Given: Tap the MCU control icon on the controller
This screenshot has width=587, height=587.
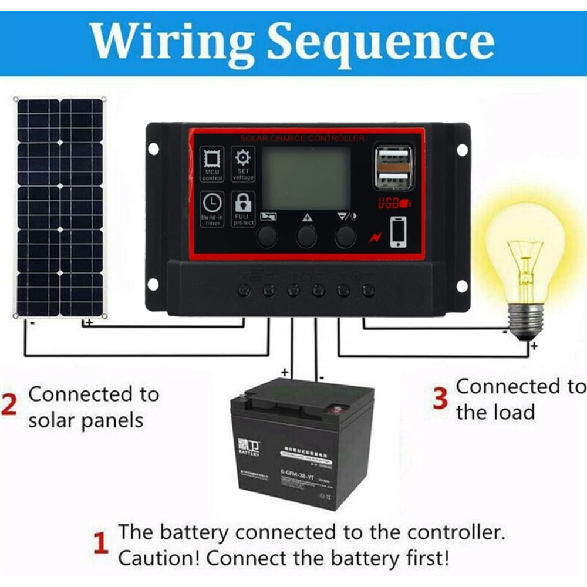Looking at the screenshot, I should click(x=212, y=160).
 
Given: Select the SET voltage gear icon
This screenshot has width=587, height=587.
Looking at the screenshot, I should click(x=242, y=158).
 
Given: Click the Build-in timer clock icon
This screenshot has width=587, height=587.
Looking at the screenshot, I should click(x=212, y=203).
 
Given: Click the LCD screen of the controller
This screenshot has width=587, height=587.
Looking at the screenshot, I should click(x=306, y=178).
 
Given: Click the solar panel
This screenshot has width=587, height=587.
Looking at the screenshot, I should click(x=60, y=207).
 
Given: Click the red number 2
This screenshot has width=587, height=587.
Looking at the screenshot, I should click(x=9, y=406).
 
